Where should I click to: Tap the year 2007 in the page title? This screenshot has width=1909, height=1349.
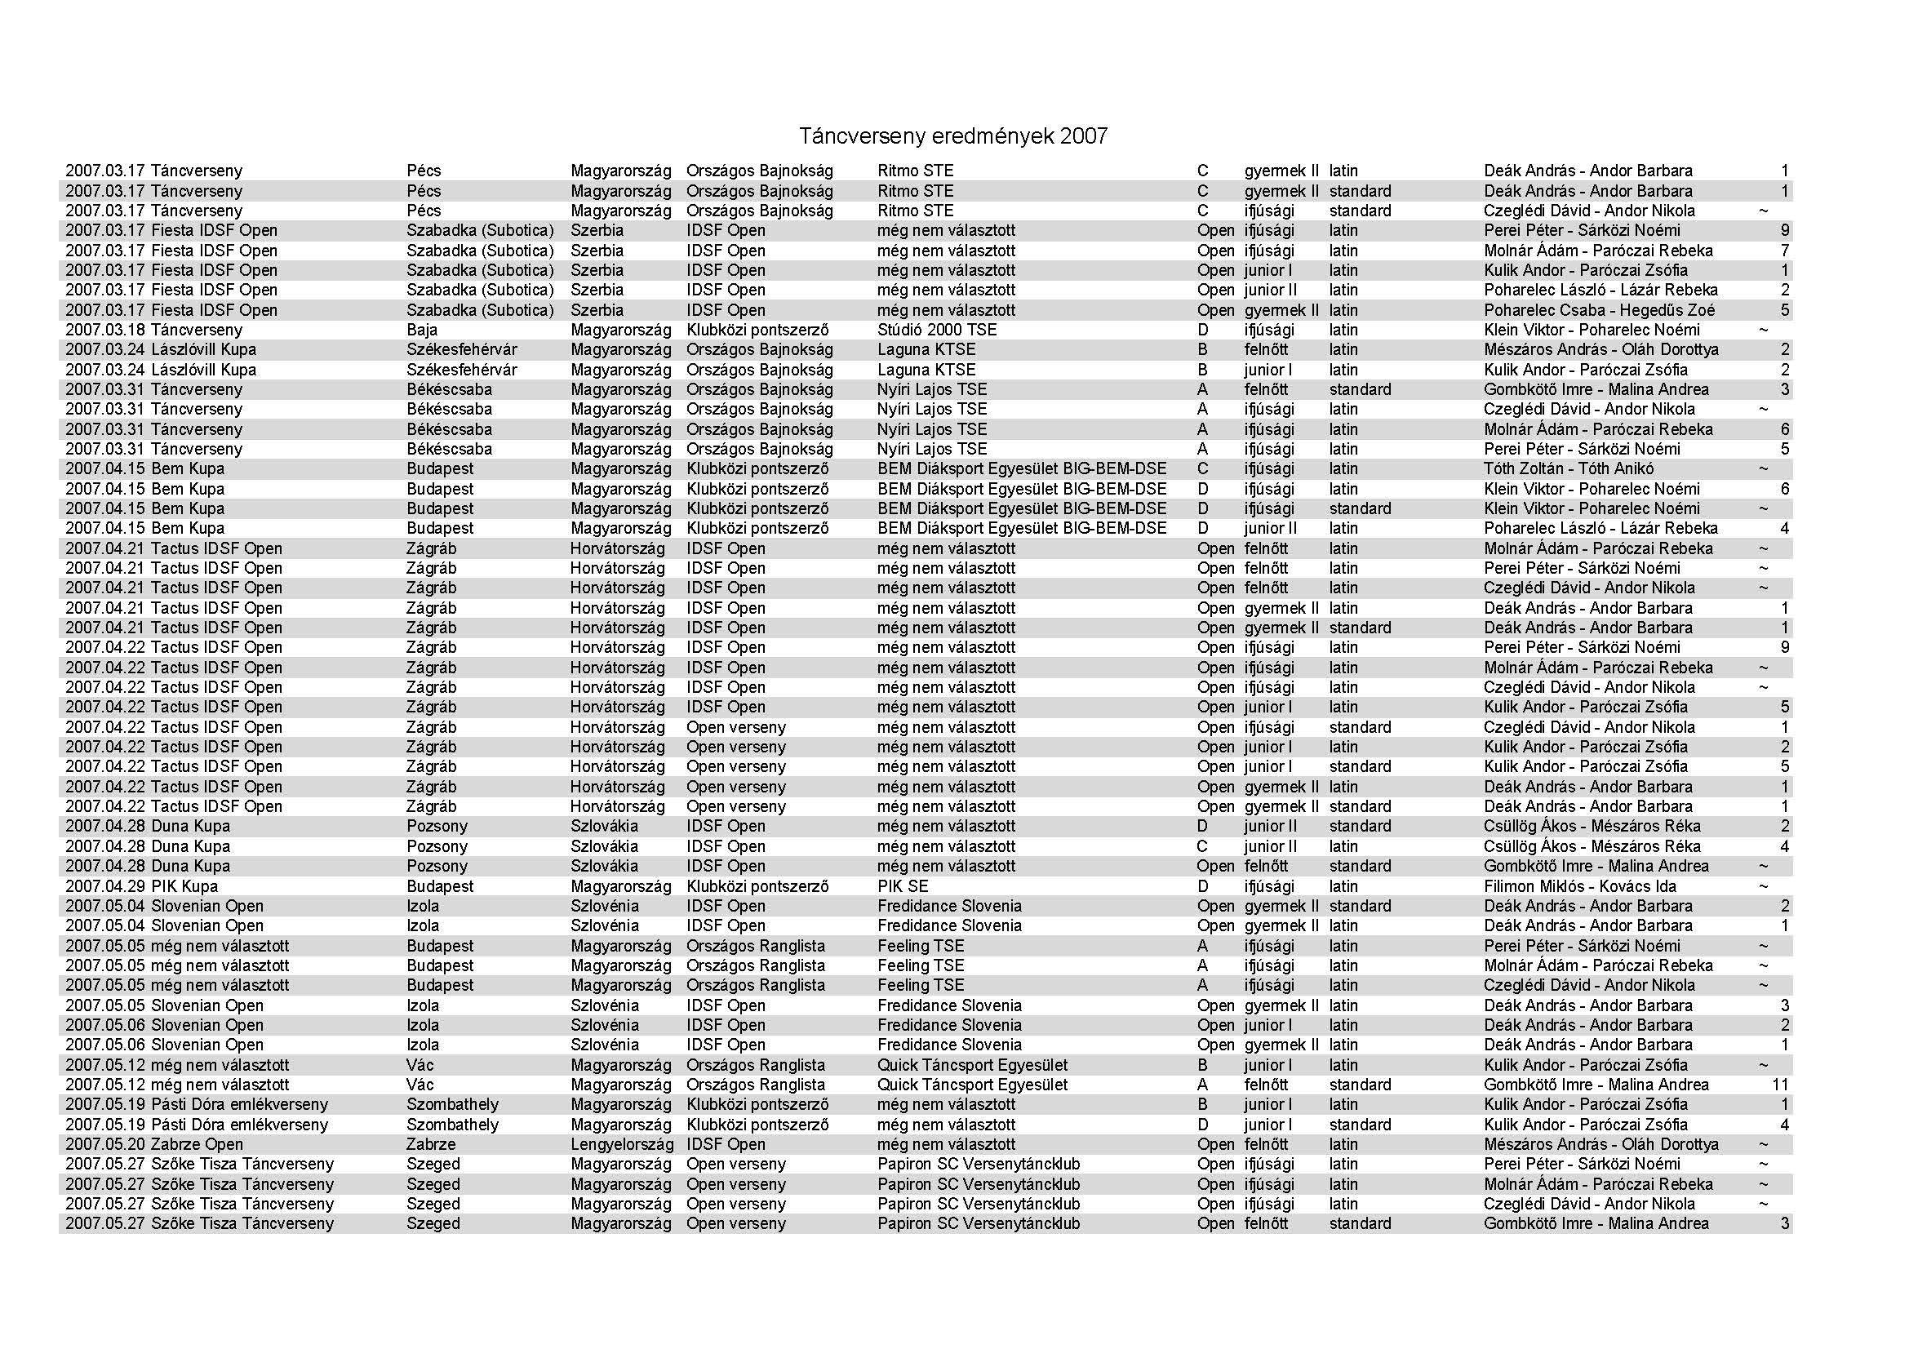pyautogui.click(x=1083, y=136)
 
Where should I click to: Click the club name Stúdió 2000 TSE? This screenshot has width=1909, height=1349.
pyautogui.click(x=936, y=330)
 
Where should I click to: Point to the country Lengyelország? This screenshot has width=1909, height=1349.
pyautogui.click(x=621, y=1144)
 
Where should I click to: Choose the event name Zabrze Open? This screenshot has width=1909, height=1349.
pyautogui.click(x=197, y=1144)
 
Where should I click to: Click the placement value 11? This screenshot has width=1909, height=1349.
pyautogui.click(x=1780, y=1085)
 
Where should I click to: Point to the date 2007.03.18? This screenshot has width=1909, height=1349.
pyautogui.click(x=105, y=330)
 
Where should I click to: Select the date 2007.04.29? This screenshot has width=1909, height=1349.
pyautogui.click(x=105, y=886)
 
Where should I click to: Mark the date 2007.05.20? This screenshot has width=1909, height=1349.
pyautogui.click(x=105, y=1144)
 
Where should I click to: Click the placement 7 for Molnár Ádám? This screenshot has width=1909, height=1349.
pyautogui.click(x=1784, y=251)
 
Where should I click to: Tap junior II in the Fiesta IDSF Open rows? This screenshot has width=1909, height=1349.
pyautogui.click(x=1270, y=290)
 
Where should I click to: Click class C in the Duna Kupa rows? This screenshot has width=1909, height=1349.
pyautogui.click(x=1202, y=846)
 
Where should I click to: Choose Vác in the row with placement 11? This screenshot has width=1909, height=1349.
pyautogui.click(x=420, y=1085)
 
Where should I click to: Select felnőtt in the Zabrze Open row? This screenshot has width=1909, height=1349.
pyautogui.click(x=1266, y=1144)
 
